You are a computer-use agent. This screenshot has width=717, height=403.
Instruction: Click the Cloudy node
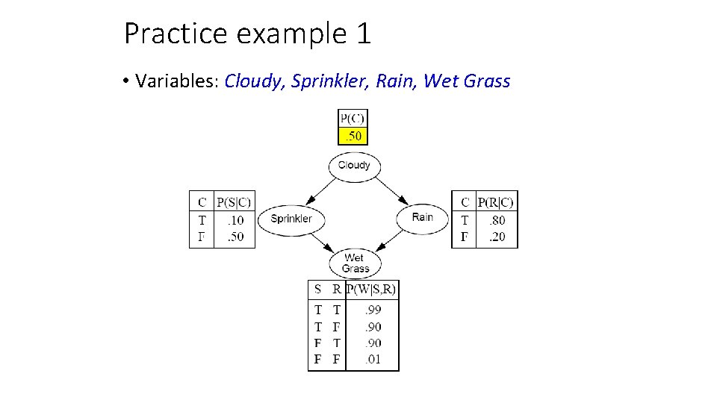point(354,166)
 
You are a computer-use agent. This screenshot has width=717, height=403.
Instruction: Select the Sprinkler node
point(291,219)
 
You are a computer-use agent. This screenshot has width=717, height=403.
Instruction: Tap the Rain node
point(422,218)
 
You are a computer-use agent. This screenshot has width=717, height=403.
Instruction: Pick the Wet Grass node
point(356,263)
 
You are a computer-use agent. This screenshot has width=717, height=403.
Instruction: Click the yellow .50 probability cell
point(353,136)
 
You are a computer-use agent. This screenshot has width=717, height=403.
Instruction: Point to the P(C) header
point(353,118)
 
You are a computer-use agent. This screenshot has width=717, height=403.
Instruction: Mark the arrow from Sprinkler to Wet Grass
point(321,241)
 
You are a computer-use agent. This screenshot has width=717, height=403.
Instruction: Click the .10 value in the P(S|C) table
point(235,220)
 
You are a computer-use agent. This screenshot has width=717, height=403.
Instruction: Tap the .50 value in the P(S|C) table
point(235,237)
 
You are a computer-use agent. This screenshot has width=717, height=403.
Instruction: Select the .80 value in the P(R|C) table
point(496,220)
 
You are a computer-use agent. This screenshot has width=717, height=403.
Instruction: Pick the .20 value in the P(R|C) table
point(496,237)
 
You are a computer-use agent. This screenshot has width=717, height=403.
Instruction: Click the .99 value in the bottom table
point(373,310)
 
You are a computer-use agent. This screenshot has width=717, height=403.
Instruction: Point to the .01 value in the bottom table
point(373,360)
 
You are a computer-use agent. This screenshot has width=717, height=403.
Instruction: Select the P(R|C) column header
point(496,201)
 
